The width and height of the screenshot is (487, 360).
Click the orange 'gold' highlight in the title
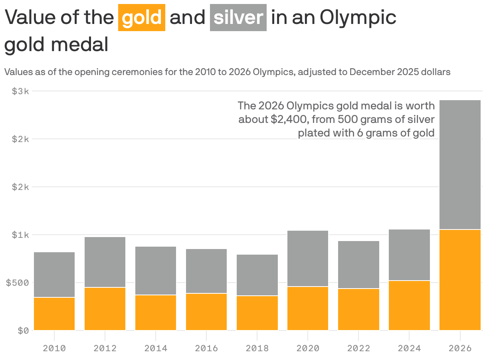tap(142, 18)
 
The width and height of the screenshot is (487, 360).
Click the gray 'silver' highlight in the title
tap(238, 18)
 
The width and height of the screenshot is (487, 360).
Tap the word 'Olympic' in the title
tap(358, 18)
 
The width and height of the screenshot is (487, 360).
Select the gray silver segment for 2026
tap(460, 164)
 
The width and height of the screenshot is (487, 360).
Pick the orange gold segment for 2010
tap(54, 314)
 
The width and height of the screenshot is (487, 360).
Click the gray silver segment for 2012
tap(105, 262)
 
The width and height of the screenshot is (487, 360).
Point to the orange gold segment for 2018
tap(257, 313)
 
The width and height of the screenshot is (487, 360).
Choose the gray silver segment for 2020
tap(308, 258)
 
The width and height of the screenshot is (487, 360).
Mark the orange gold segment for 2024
tap(409, 305)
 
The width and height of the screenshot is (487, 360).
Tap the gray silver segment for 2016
tap(206, 271)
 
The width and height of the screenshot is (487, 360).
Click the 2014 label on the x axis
tap(156, 348)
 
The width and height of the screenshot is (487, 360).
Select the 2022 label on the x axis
tap(358, 348)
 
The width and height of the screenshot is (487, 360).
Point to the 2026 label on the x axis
tap(460, 348)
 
